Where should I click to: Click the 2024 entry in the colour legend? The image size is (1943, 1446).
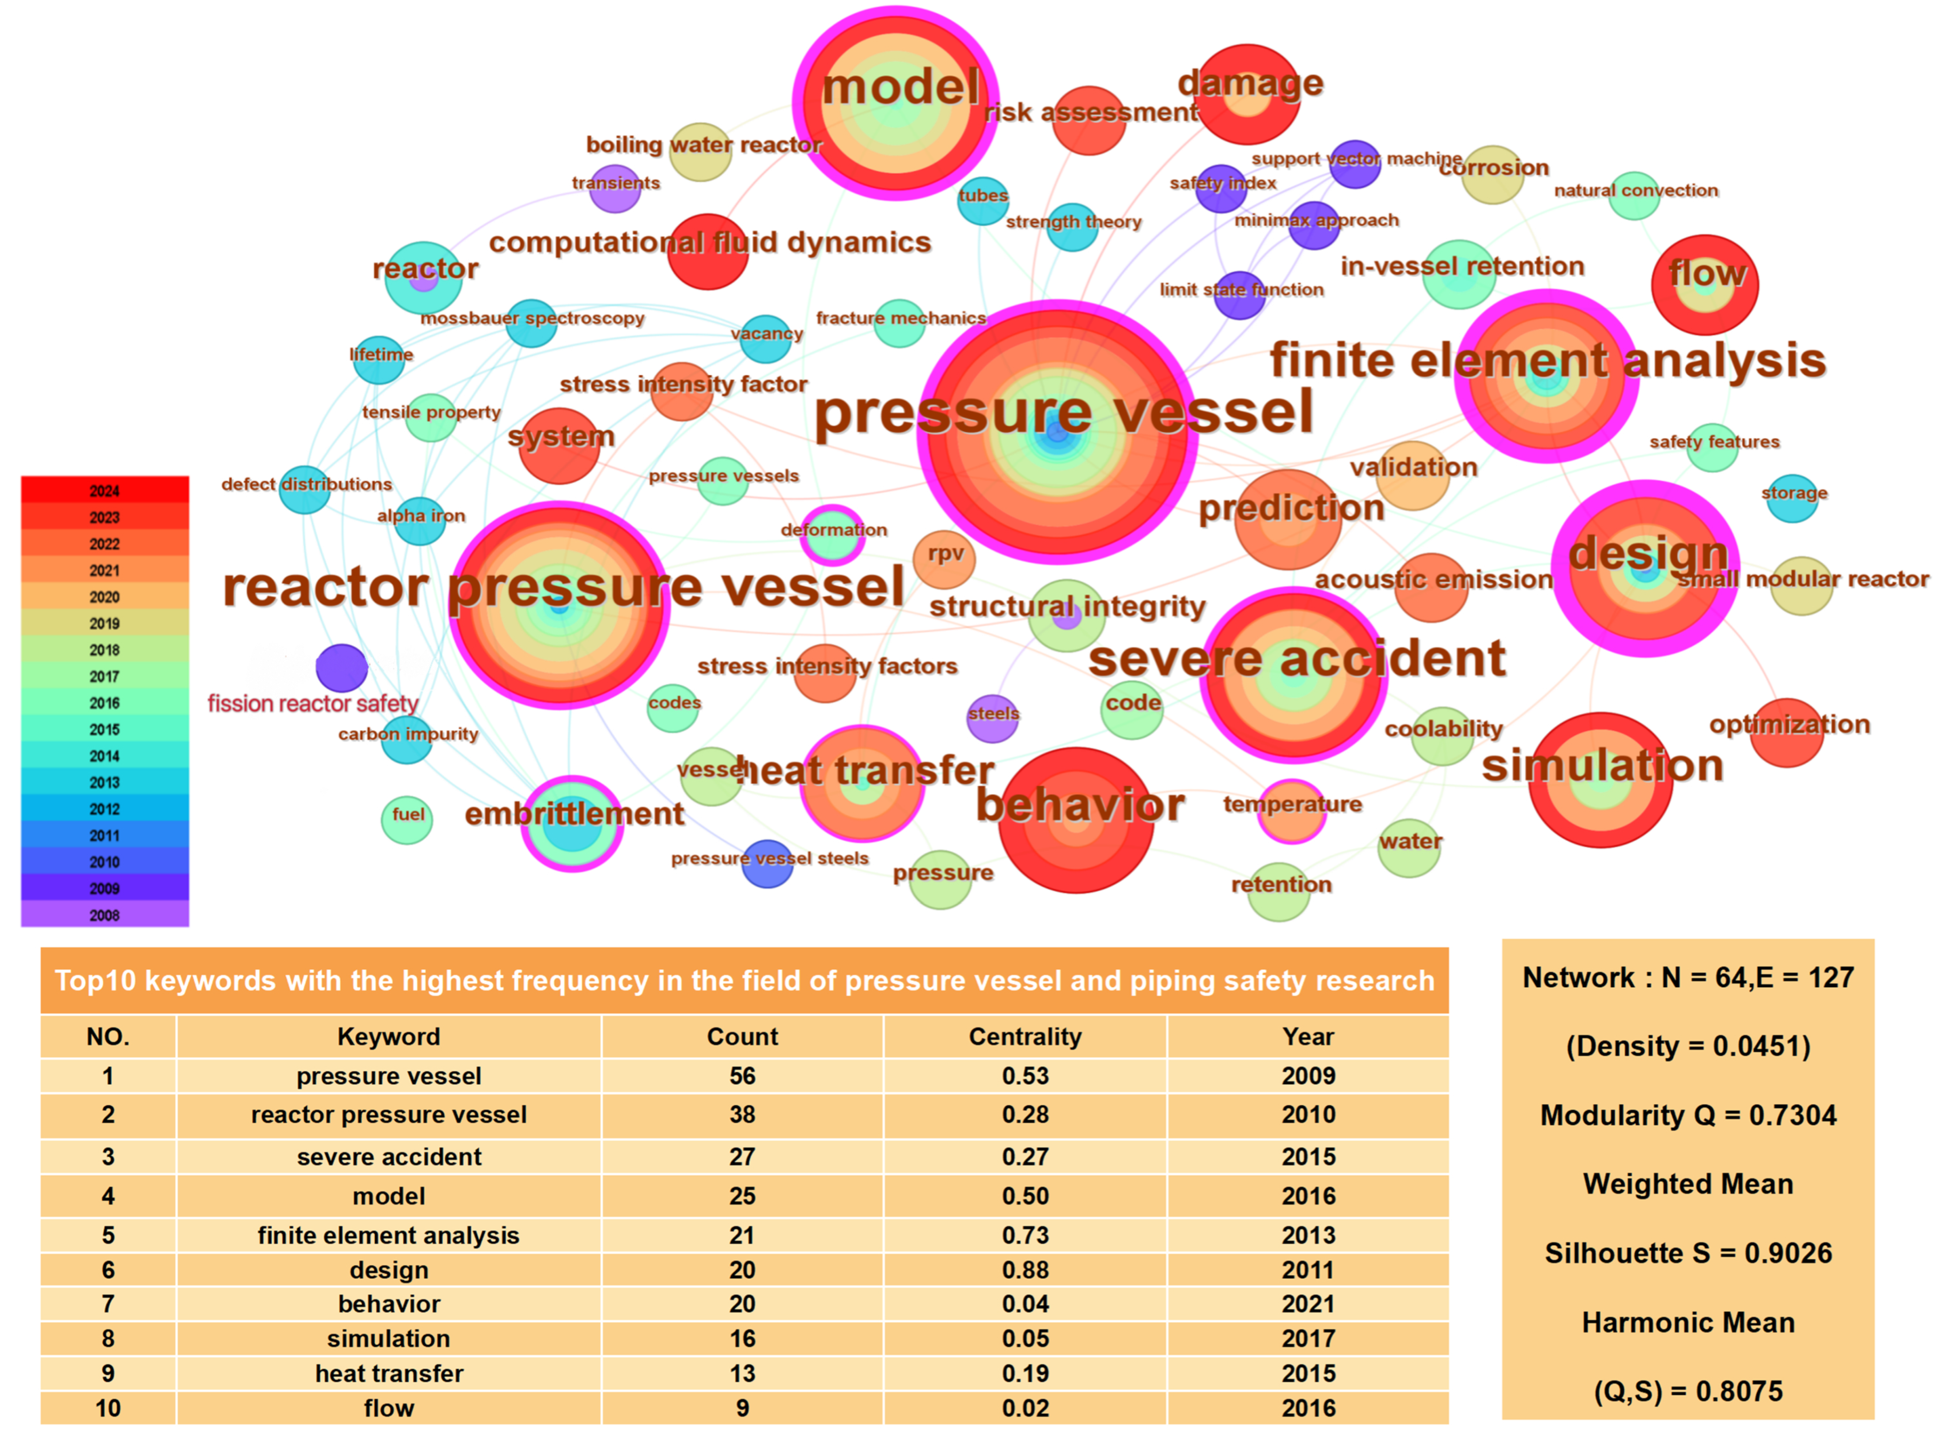(104, 490)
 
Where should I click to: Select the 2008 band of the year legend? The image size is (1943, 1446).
(104, 915)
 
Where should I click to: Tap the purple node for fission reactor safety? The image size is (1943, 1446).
(341, 668)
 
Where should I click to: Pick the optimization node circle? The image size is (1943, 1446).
(1785, 733)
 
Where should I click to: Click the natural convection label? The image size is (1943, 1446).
(1635, 190)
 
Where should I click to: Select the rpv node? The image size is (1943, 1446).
(943, 559)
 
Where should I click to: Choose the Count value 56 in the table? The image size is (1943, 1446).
(742, 1076)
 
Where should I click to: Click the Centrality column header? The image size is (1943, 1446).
(1025, 1036)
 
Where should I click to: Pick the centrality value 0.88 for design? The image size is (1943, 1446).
(1025, 1270)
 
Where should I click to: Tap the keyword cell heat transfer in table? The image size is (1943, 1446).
(389, 1373)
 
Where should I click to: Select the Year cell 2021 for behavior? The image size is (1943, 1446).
(1308, 1304)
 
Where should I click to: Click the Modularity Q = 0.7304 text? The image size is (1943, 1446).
(1688, 1115)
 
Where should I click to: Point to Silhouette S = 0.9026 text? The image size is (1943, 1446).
(1688, 1253)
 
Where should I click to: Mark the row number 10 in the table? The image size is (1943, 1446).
(108, 1408)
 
